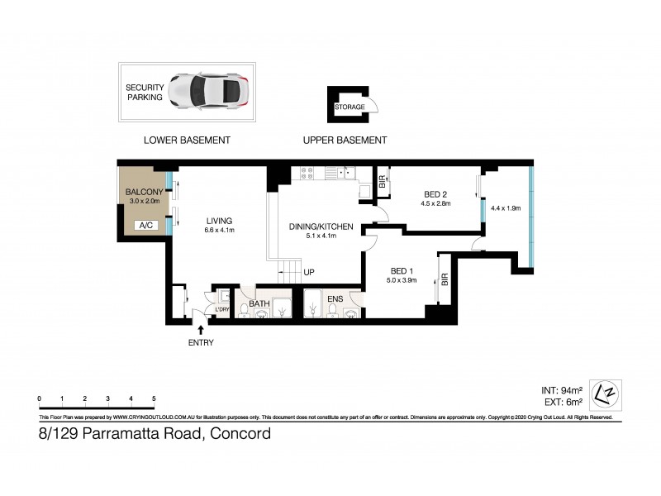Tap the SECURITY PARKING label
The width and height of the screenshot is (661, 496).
(145, 92)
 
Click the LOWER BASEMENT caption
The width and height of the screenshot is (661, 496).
(187, 140)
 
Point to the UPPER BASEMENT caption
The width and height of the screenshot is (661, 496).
(345, 140)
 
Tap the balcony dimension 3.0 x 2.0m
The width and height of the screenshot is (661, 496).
(144, 202)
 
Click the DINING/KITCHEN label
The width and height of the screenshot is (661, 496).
(321, 226)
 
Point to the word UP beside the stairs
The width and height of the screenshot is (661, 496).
(309, 272)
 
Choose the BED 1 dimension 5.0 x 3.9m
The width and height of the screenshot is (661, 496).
(403, 280)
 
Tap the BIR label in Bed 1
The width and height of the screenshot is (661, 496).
(445, 280)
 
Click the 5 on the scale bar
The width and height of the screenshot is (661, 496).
(154, 399)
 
